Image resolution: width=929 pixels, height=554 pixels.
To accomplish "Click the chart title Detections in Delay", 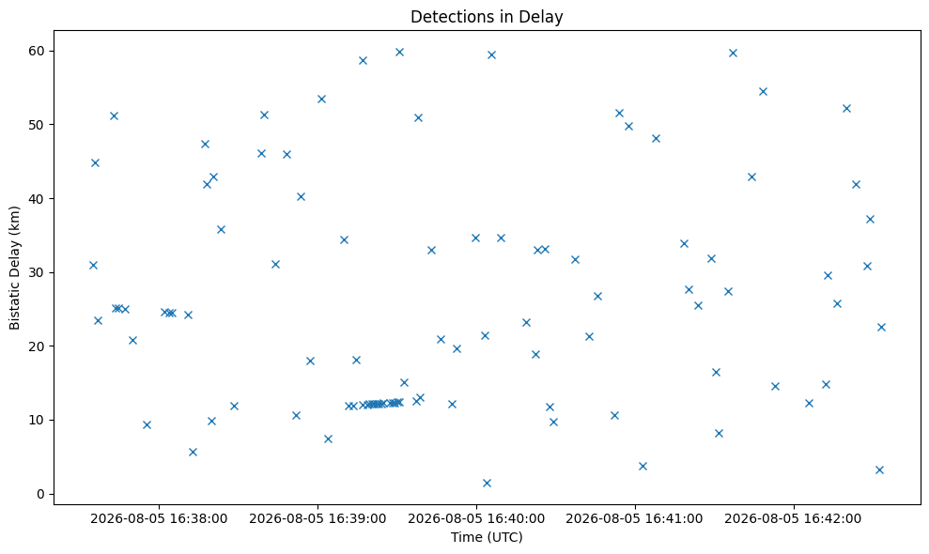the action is (487, 17).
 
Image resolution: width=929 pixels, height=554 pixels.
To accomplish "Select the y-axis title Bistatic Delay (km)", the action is (14, 268).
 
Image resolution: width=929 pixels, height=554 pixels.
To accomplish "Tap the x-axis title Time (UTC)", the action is (487, 537).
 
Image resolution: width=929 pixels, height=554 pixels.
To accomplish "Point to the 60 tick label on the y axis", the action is (37, 51).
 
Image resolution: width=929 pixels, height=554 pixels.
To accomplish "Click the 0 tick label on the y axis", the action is (41, 494).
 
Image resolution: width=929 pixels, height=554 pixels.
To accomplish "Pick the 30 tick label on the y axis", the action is (37, 272).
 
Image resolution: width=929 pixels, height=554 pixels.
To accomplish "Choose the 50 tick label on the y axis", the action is (37, 125).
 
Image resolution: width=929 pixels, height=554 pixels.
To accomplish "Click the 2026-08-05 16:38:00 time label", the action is (159, 519).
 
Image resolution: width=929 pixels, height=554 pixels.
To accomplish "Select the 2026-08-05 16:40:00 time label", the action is (476, 519).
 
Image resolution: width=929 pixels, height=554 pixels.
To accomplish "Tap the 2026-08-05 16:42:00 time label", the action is (794, 519).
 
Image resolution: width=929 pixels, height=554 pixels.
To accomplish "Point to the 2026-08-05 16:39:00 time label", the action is (317, 519).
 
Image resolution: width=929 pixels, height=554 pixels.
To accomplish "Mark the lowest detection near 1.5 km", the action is (487, 483).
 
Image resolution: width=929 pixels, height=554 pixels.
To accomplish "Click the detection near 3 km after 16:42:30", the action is (879, 469).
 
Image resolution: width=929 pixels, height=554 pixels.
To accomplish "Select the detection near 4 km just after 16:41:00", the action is (643, 467).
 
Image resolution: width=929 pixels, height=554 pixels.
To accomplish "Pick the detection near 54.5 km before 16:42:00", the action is (763, 91).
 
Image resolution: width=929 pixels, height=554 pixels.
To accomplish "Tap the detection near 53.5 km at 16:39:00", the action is (321, 99).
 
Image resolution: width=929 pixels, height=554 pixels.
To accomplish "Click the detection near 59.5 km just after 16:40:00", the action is (491, 55).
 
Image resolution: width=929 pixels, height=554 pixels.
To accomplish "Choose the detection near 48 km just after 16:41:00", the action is (656, 139).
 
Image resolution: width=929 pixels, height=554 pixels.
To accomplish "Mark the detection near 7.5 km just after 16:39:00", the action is (328, 439).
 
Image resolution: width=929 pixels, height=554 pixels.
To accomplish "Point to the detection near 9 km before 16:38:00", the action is (147, 424).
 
